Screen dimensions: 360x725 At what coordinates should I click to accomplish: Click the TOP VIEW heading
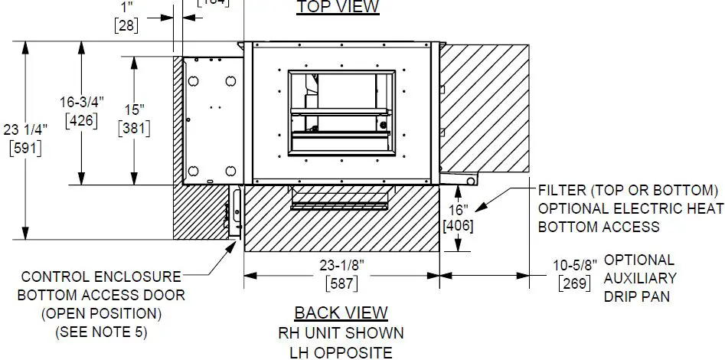pyautogui.click(x=338, y=7)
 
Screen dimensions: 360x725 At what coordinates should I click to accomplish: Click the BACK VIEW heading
pyautogui.click(x=341, y=313)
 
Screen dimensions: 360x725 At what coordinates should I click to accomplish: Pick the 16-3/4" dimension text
pyautogui.click(x=82, y=102)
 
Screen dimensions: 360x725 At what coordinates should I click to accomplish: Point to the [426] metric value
pyautogui.click(x=82, y=119)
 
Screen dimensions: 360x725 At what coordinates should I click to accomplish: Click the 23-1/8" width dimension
pyautogui.click(x=341, y=265)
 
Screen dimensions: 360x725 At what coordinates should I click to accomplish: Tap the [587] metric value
pyautogui.click(x=341, y=283)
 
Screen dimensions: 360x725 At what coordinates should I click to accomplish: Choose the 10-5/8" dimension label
pyautogui.click(x=575, y=266)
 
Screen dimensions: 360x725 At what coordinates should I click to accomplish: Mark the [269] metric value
pyautogui.click(x=575, y=284)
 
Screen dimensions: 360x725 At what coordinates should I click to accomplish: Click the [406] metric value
pyautogui.click(x=458, y=226)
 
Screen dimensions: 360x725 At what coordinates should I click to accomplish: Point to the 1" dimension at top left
pyautogui.click(x=126, y=8)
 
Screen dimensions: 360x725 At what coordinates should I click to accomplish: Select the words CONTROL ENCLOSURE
pyautogui.click(x=101, y=277)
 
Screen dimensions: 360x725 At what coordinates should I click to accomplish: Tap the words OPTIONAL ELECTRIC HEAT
pyautogui.click(x=630, y=208)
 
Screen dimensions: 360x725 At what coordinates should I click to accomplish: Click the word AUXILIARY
pyautogui.click(x=640, y=278)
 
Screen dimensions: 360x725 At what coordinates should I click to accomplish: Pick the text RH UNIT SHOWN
pyautogui.click(x=341, y=333)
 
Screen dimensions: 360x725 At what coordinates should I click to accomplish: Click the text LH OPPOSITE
pyautogui.click(x=341, y=352)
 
